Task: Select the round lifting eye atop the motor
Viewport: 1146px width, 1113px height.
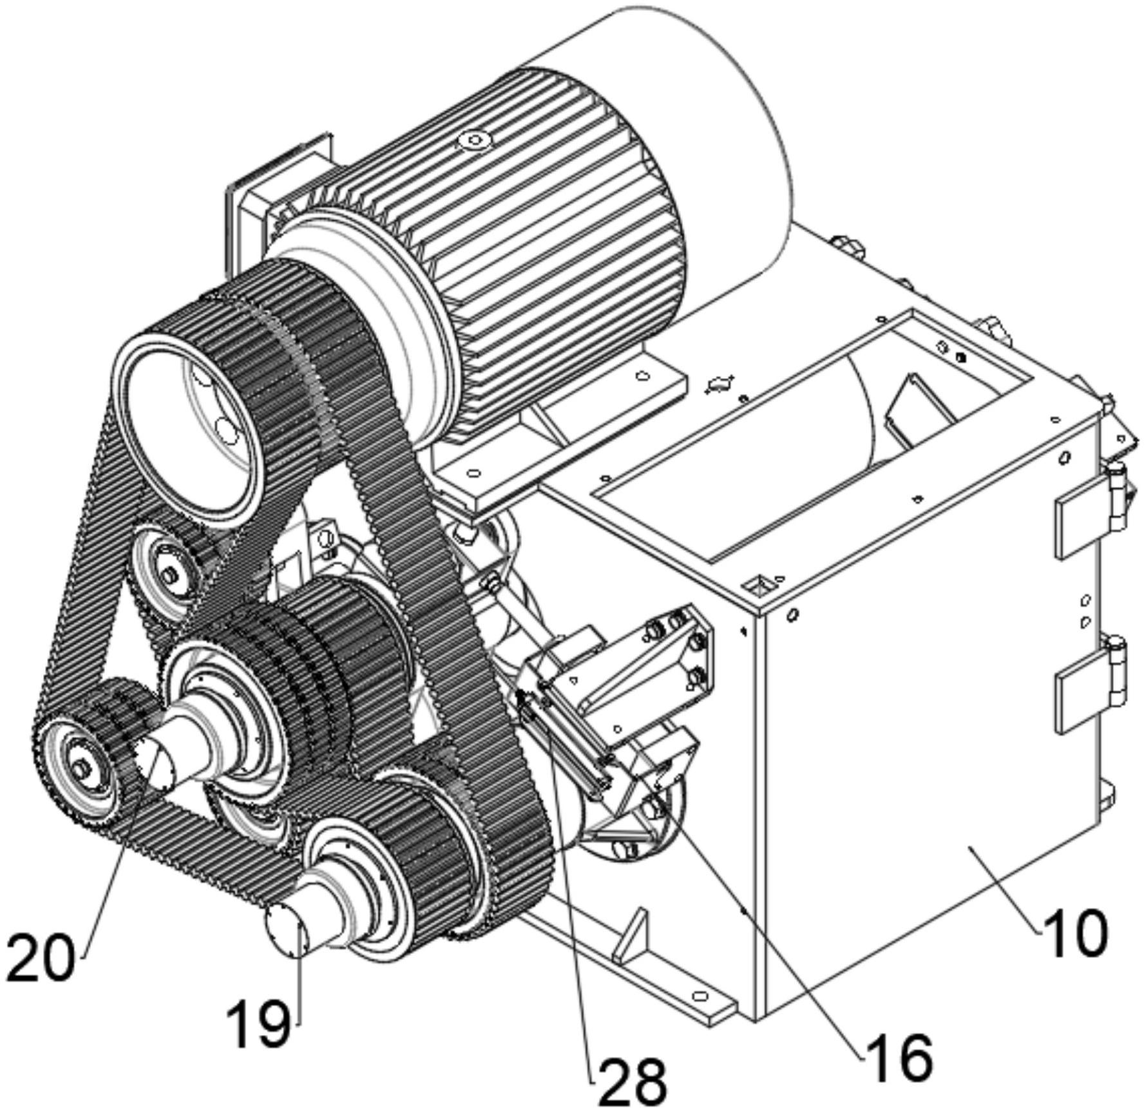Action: (x=474, y=139)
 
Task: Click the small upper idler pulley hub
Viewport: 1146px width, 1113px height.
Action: (x=169, y=575)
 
